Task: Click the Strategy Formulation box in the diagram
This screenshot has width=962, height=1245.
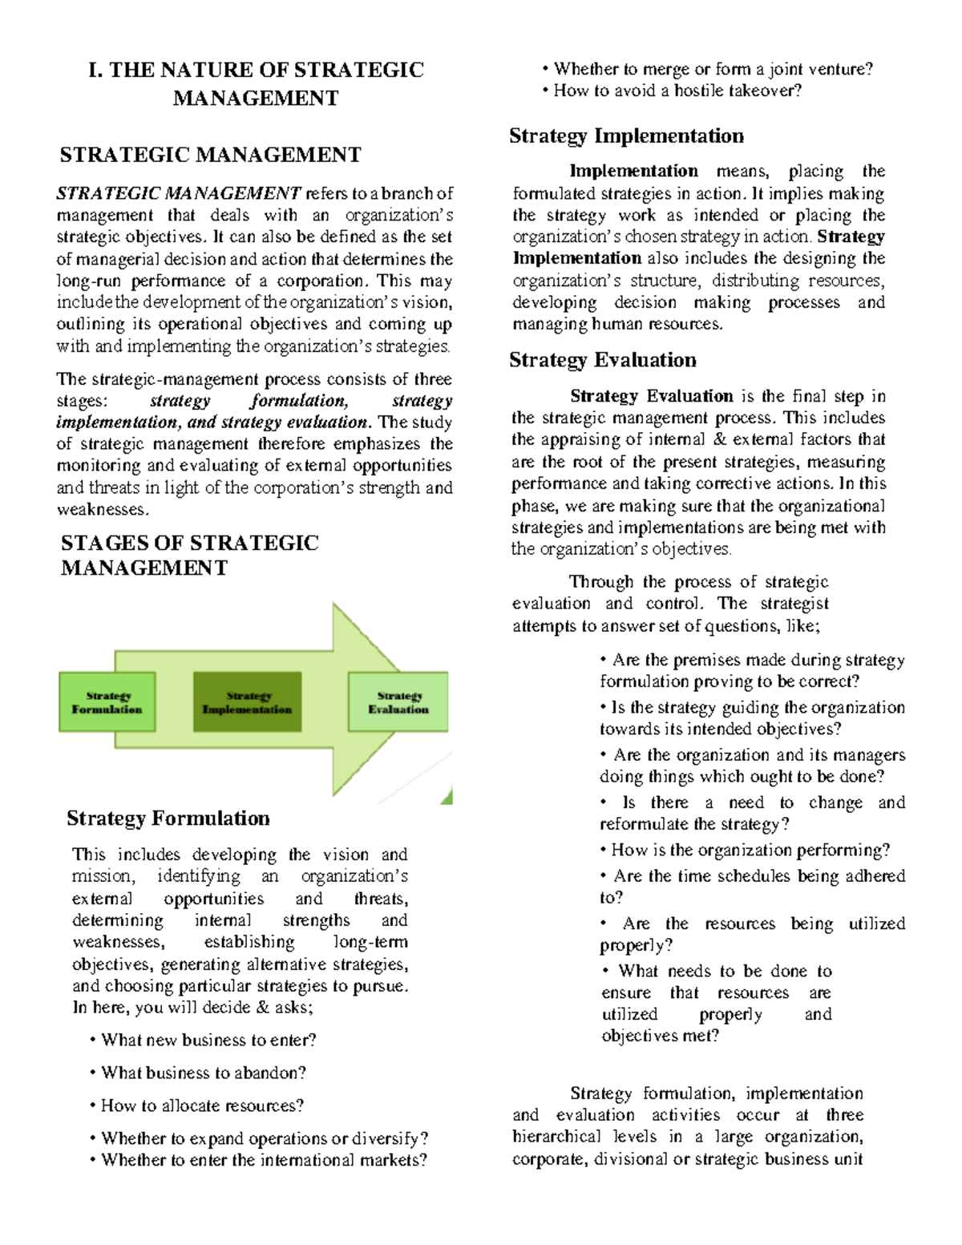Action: click(x=107, y=702)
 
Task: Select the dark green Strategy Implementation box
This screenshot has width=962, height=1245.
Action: click(x=247, y=702)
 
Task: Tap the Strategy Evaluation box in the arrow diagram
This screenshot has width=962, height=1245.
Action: click(x=398, y=702)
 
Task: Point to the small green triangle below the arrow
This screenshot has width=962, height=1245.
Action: click(x=447, y=797)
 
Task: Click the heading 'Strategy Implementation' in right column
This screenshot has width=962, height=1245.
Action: click(x=626, y=135)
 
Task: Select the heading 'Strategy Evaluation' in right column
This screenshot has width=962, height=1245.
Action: click(x=602, y=360)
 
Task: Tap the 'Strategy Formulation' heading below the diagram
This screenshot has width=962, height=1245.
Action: click(x=168, y=818)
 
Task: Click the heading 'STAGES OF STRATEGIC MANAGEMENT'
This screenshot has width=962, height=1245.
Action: click(x=189, y=555)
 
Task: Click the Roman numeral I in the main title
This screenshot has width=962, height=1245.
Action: click(x=95, y=70)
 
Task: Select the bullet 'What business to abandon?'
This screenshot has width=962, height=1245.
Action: click(x=204, y=1073)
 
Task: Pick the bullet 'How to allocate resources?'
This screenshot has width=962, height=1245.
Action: click(x=202, y=1106)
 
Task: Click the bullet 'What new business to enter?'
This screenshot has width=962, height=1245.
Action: click(x=208, y=1040)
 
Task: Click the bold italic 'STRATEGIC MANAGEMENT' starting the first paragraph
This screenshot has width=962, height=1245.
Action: click(x=179, y=193)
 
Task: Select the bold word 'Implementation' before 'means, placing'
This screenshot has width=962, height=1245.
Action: click(x=633, y=171)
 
